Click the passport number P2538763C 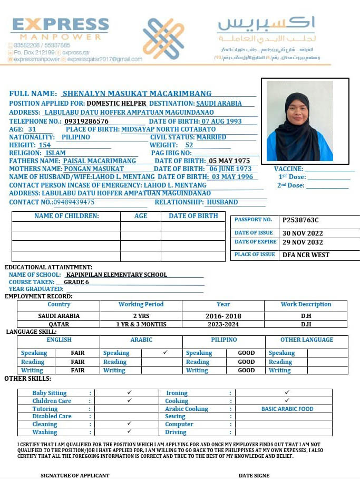(x=300, y=220)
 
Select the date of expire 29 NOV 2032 (x=303, y=242)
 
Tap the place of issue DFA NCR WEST (x=306, y=255)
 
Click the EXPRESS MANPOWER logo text (x=60, y=29)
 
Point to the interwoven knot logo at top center (x=163, y=38)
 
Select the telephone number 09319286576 (x=86, y=121)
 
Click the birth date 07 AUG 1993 (x=218, y=121)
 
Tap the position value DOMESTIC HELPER (x=116, y=104)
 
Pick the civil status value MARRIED (x=211, y=137)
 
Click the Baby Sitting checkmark (x=129, y=393)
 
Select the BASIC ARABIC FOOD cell (x=287, y=409)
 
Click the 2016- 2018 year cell (x=223, y=316)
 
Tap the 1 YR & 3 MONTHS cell (x=141, y=324)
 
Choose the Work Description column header (x=306, y=305)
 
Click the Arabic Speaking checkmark (x=165, y=352)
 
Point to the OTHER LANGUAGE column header (x=306, y=340)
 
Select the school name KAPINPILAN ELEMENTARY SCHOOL (x=116, y=275)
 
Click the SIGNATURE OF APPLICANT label (x=75, y=475)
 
